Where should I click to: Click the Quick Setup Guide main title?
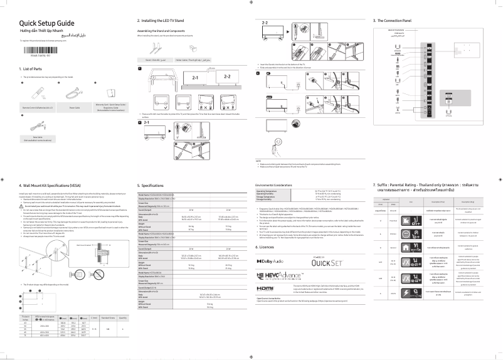(x=47, y=23)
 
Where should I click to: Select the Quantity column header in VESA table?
(x=122, y=319)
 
